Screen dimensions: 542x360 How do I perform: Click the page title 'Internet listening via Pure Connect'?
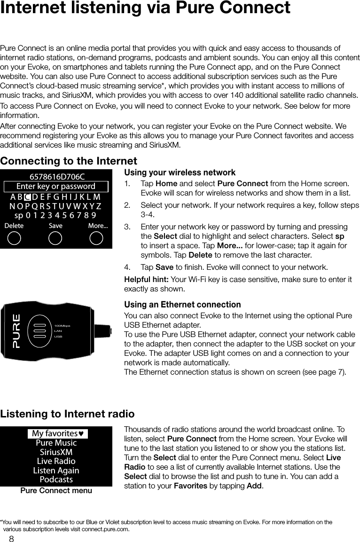[145, 8]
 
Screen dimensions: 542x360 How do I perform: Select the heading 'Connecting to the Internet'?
[69, 161]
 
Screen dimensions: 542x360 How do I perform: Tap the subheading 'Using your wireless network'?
[180, 173]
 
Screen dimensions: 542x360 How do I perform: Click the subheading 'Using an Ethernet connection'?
[182, 305]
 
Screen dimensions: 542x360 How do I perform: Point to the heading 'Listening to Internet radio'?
[67, 414]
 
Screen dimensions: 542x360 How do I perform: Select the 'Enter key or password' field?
[56, 187]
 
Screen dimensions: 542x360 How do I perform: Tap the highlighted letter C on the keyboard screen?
[28, 196]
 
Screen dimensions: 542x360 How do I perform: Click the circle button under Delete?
[15, 238]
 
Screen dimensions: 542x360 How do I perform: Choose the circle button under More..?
[97, 238]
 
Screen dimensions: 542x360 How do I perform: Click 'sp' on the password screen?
[19, 216]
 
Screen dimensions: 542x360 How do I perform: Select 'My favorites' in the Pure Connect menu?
[58, 433]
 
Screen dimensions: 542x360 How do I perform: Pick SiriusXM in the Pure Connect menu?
[56, 452]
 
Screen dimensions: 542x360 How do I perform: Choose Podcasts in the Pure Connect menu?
[56, 479]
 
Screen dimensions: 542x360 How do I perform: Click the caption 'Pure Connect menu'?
[56, 490]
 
